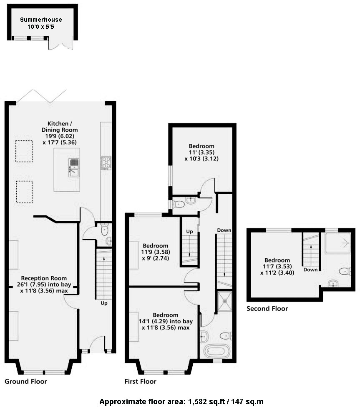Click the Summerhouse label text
(41, 20)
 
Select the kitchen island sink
(74, 167)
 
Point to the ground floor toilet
(104, 230)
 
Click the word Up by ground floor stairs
(104, 303)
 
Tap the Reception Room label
(44, 278)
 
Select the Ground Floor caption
(26, 381)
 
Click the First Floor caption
(140, 381)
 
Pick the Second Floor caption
(267, 309)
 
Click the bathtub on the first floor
(217, 351)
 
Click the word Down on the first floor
(224, 230)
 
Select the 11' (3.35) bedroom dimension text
(201, 152)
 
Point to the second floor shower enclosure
(338, 243)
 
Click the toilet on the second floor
(345, 271)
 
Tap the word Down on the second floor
(311, 270)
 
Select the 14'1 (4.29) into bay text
(166, 321)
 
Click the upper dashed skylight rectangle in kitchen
(24, 151)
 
